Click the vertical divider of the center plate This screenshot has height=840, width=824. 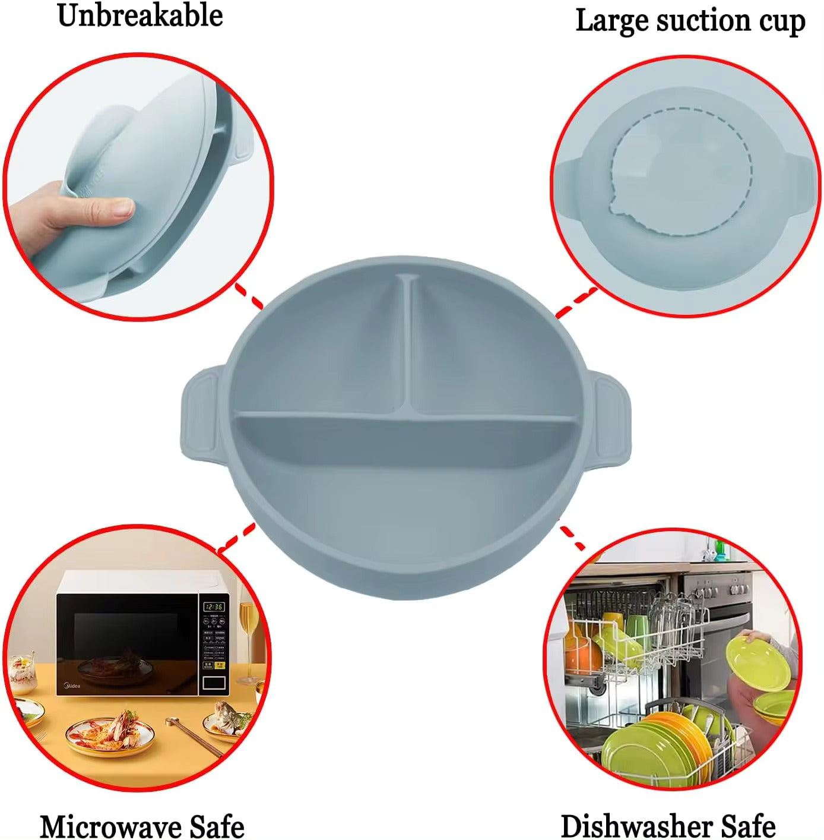[408, 345]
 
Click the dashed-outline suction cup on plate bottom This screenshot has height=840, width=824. [683, 172]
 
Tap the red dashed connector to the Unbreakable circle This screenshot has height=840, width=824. [249, 295]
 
